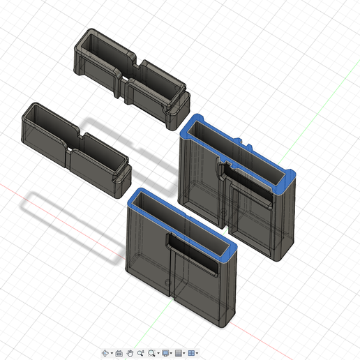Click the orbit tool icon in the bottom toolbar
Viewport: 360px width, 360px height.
105,354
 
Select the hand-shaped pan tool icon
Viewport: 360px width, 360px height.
130,354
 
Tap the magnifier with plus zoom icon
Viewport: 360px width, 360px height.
141,354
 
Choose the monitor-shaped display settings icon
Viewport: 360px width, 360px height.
165,354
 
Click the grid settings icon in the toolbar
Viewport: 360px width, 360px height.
179,354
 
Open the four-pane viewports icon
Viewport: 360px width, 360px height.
191,354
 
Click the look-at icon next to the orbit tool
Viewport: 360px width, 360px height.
119,354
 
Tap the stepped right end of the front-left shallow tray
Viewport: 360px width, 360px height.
124,175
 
